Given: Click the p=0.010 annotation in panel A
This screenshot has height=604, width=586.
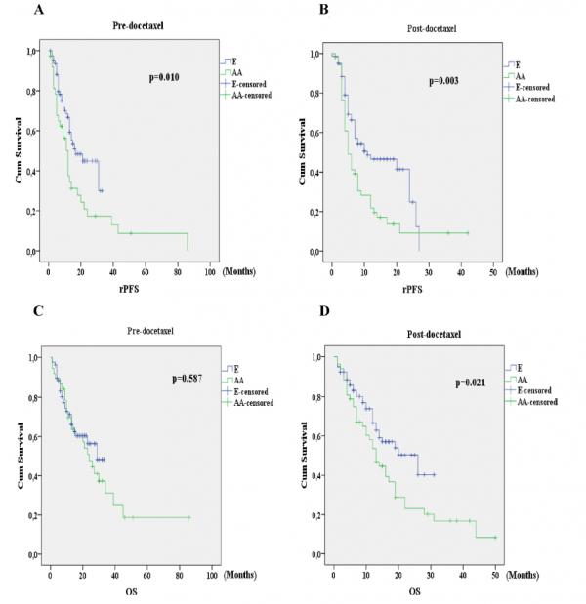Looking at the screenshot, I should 163,77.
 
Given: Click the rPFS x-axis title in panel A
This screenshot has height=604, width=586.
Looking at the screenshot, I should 129,288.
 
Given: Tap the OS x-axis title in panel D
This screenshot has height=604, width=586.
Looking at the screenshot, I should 414,590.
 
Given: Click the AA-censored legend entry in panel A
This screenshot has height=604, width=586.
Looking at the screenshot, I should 248,95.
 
